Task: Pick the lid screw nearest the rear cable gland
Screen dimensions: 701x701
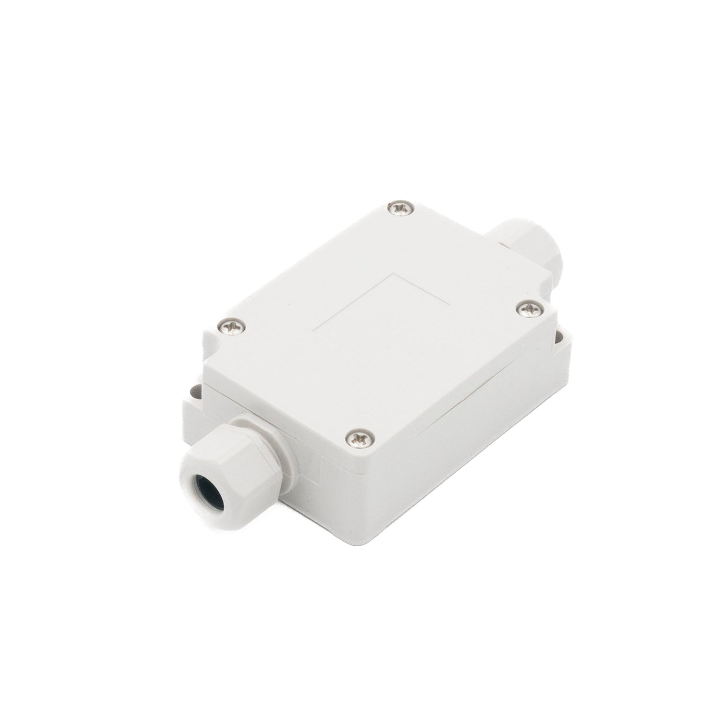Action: pos(527,310)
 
